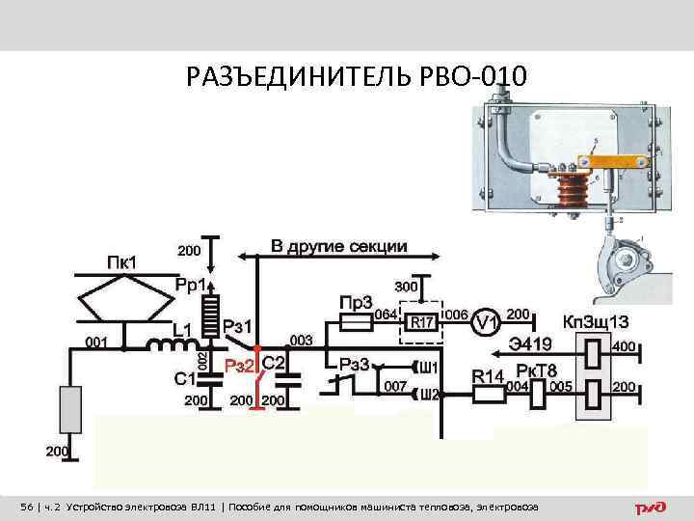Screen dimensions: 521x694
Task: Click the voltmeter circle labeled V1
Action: point(488,322)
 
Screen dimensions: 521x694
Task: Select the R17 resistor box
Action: point(421,322)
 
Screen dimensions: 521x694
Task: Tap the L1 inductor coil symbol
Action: point(169,343)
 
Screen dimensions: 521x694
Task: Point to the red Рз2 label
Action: point(240,364)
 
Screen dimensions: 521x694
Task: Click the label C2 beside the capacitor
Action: point(273,361)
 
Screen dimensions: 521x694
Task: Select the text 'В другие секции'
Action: point(338,246)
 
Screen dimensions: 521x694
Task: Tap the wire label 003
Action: point(301,340)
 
